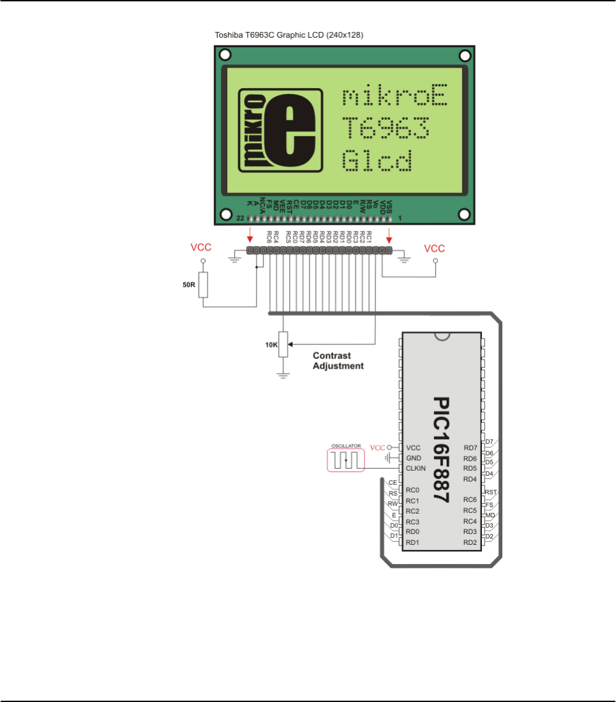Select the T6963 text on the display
click(385, 129)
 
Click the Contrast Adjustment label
click(338, 361)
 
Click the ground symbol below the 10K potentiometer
click(283, 374)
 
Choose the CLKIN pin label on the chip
click(416, 468)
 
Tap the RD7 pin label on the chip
click(470, 448)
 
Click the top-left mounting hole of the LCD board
click(225, 56)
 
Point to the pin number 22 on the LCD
click(240, 218)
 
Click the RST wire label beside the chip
click(491, 492)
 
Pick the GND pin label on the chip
click(413, 458)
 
